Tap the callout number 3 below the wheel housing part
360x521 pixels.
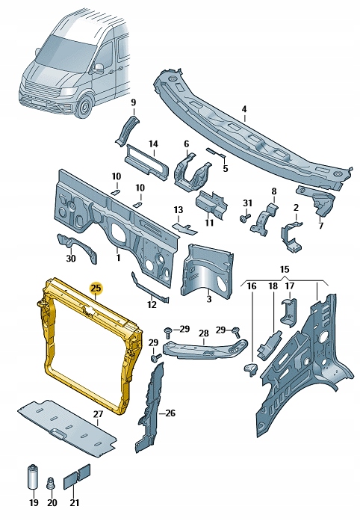[208, 299]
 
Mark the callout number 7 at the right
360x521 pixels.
[320, 226]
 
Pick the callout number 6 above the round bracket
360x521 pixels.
[186, 144]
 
